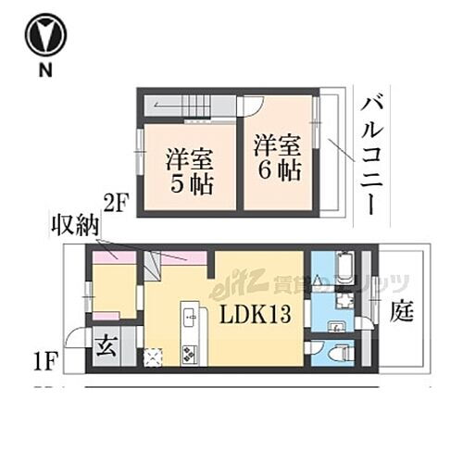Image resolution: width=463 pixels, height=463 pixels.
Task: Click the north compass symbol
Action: click(44, 35)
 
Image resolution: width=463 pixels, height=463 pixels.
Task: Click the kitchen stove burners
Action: click(190, 354)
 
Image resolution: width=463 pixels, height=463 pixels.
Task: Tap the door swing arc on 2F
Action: click(251, 106)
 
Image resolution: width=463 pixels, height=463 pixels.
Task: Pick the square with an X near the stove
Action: click(153, 354)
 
